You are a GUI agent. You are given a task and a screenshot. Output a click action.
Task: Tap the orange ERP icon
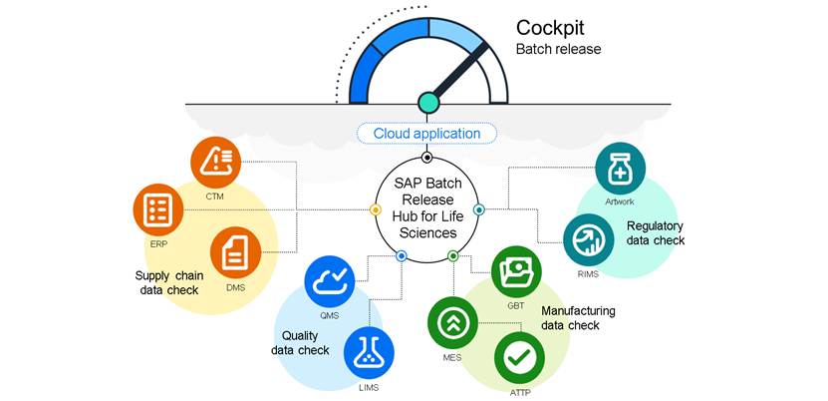pos(158,209)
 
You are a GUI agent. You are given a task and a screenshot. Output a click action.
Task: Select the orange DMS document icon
pos(236,254)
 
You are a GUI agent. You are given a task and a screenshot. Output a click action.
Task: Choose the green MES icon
pos(452,322)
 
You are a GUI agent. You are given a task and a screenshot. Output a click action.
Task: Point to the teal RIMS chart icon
pos(588,240)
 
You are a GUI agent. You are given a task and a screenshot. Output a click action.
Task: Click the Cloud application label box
pos(426,134)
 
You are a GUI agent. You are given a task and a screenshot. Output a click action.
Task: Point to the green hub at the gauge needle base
pos(428,102)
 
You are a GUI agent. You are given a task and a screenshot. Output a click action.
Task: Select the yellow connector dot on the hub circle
pos(376,210)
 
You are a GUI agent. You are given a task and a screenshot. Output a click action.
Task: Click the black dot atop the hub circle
pos(427,158)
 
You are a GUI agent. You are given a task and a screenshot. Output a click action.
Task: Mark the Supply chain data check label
pos(167,282)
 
